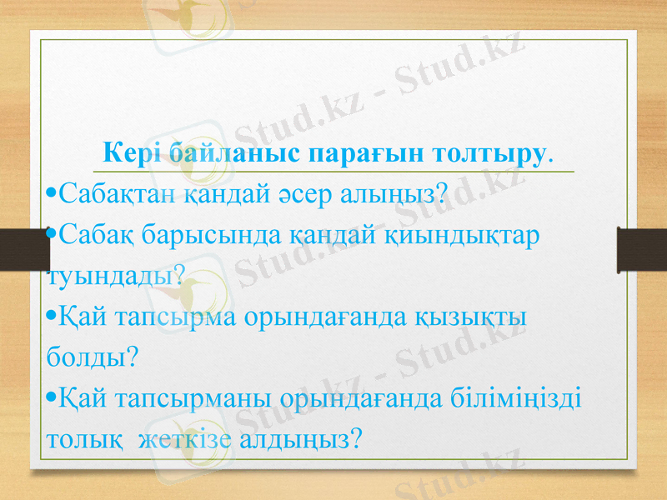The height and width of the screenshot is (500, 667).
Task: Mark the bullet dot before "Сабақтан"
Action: [x=53, y=197]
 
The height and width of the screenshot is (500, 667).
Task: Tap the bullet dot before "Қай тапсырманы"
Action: [x=53, y=397]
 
